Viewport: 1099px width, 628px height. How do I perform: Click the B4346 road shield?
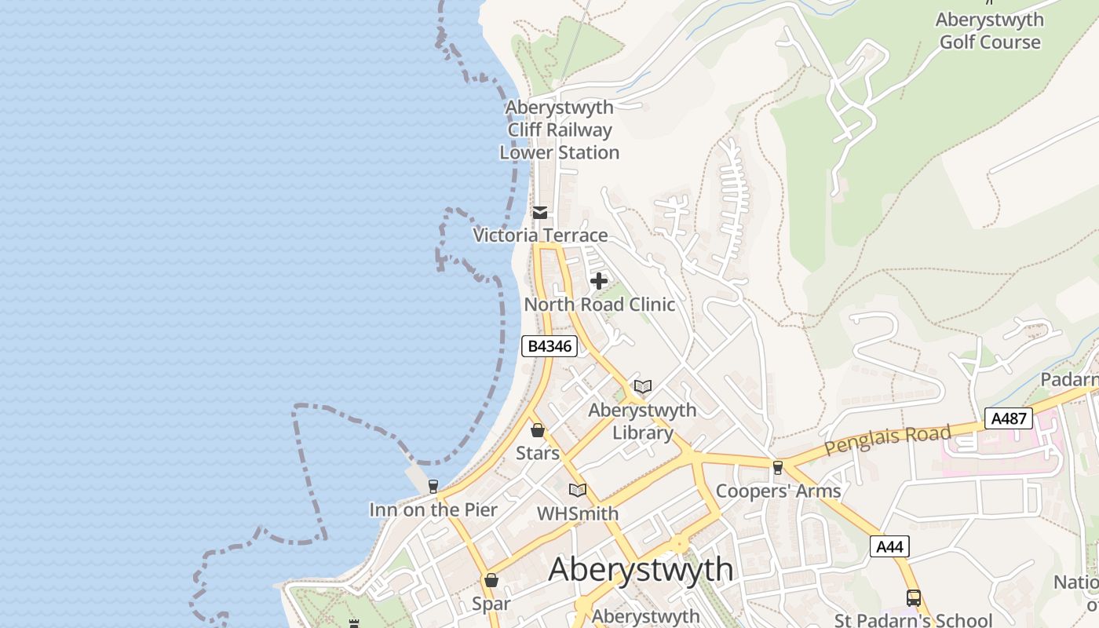pyautogui.click(x=549, y=345)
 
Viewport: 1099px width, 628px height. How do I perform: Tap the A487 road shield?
pyautogui.click(x=1009, y=418)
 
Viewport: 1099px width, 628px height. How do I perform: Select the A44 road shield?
pyautogui.click(x=889, y=546)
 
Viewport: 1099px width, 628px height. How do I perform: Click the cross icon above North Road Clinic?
pyautogui.click(x=599, y=281)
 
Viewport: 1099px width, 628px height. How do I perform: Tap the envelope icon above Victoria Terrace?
pyautogui.click(x=540, y=213)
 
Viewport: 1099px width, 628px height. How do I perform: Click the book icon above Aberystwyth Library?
pyautogui.click(x=643, y=387)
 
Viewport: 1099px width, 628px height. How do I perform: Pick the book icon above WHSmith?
pyautogui.click(x=578, y=491)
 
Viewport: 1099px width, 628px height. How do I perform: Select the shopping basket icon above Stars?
pyautogui.click(x=538, y=430)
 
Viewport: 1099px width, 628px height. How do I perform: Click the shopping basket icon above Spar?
pyautogui.click(x=491, y=581)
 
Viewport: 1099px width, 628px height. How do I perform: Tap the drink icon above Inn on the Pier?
pyautogui.click(x=433, y=487)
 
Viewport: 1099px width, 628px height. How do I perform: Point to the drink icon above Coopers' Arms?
pyautogui.click(x=778, y=468)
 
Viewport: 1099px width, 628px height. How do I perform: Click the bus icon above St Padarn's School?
pyautogui.click(x=913, y=597)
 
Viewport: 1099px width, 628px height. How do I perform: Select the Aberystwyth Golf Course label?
pyautogui.click(x=990, y=31)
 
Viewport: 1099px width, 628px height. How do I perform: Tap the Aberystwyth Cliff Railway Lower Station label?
pyautogui.click(x=560, y=130)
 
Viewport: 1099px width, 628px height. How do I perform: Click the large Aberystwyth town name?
pyautogui.click(x=641, y=569)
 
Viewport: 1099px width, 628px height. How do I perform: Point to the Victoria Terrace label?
pyautogui.click(x=540, y=235)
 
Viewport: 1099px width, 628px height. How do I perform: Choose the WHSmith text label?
pyautogui.click(x=578, y=513)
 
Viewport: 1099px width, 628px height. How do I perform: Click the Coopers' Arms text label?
pyautogui.click(x=778, y=491)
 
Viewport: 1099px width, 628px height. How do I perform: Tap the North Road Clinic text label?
pyautogui.click(x=599, y=304)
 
